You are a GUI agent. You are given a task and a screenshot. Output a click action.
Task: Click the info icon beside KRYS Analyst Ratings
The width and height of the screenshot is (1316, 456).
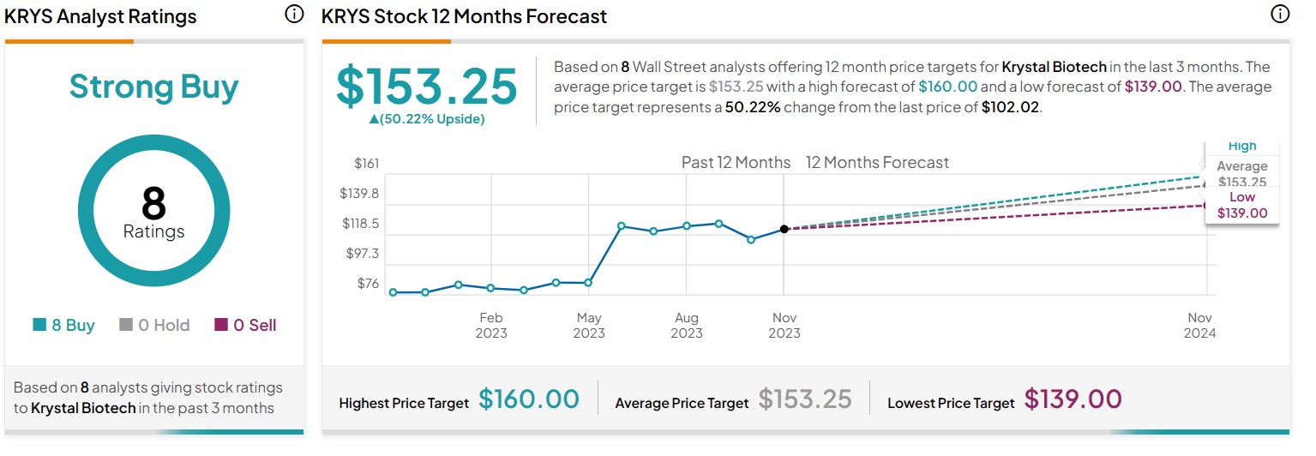(293, 15)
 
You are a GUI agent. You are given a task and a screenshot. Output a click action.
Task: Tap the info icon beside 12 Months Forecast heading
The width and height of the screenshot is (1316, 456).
(1279, 15)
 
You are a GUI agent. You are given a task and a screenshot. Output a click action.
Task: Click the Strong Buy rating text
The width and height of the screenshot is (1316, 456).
(154, 87)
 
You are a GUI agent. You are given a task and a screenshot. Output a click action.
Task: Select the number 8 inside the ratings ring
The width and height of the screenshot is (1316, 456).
(153, 204)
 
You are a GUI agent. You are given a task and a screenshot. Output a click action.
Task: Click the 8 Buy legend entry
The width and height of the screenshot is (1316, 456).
(64, 325)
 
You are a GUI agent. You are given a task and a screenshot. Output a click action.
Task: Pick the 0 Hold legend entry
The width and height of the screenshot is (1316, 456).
(154, 325)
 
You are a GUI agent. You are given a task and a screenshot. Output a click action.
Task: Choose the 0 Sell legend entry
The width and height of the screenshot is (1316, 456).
(245, 325)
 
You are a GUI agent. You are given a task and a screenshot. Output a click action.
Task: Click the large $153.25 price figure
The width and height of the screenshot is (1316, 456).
(427, 87)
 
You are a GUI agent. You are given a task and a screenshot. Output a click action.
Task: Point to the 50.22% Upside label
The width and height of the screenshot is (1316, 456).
(427, 119)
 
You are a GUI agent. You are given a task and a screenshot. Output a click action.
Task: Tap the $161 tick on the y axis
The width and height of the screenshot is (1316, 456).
(366, 163)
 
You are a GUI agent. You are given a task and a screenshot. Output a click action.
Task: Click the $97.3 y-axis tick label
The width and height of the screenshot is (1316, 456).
(361, 254)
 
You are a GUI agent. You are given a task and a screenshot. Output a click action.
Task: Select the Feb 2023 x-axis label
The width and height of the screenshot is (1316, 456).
(491, 325)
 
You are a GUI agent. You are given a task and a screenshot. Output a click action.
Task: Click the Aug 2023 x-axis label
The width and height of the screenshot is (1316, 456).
(687, 325)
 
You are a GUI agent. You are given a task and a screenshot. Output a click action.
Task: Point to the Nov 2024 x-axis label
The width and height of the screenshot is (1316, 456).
(1199, 325)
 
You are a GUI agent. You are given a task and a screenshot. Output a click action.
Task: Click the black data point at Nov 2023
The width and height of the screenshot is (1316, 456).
(784, 229)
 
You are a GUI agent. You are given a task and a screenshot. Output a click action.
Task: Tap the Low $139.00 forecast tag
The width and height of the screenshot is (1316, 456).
(1242, 206)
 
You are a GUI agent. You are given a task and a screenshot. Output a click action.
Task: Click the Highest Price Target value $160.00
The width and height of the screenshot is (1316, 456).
(529, 399)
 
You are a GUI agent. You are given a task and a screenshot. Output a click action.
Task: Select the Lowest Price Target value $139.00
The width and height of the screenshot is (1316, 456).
(1073, 399)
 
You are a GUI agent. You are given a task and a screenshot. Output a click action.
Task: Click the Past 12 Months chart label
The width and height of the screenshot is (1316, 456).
(736, 163)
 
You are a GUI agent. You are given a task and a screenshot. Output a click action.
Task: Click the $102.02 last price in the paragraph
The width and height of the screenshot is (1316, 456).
(1010, 109)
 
